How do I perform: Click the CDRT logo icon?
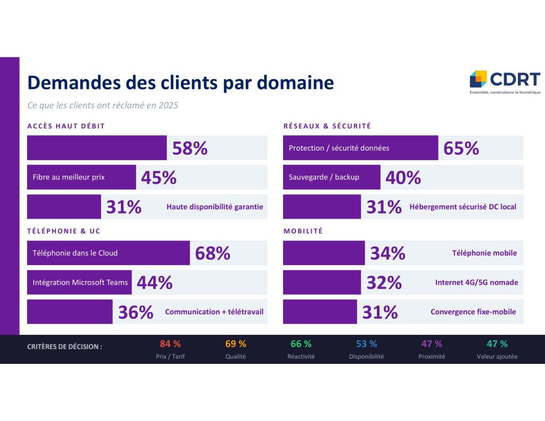pyautogui.click(x=478, y=79)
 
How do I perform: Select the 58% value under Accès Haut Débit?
pyautogui.click(x=189, y=148)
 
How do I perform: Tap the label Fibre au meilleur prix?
pyautogui.click(x=69, y=177)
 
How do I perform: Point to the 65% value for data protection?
pyautogui.click(x=461, y=148)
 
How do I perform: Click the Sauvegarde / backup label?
pyautogui.click(x=324, y=177)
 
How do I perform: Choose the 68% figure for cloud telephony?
pyautogui.click(x=212, y=253)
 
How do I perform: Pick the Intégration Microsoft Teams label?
pyautogui.click(x=80, y=283)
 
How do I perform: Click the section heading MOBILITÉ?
pyautogui.click(x=303, y=231)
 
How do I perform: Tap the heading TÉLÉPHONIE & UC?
pyautogui.click(x=64, y=231)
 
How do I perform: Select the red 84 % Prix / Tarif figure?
pyautogui.click(x=170, y=344)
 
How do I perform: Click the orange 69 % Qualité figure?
pyautogui.click(x=236, y=344)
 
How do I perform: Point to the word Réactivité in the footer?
pyautogui.click(x=301, y=357)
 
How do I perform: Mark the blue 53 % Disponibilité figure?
pyautogui.click(x=366, y=344)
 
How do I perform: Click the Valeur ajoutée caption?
pyautogui.click(x=497, y=357)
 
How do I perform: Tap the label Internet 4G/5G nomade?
pyautogui.click(x=476, y=283)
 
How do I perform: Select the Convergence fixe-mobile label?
pyautogui.click(x=473, y=312)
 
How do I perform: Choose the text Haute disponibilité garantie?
pyautogui.click(x=214, y=207)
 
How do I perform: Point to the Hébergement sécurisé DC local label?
pyautogui.click(x=463, y=207)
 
